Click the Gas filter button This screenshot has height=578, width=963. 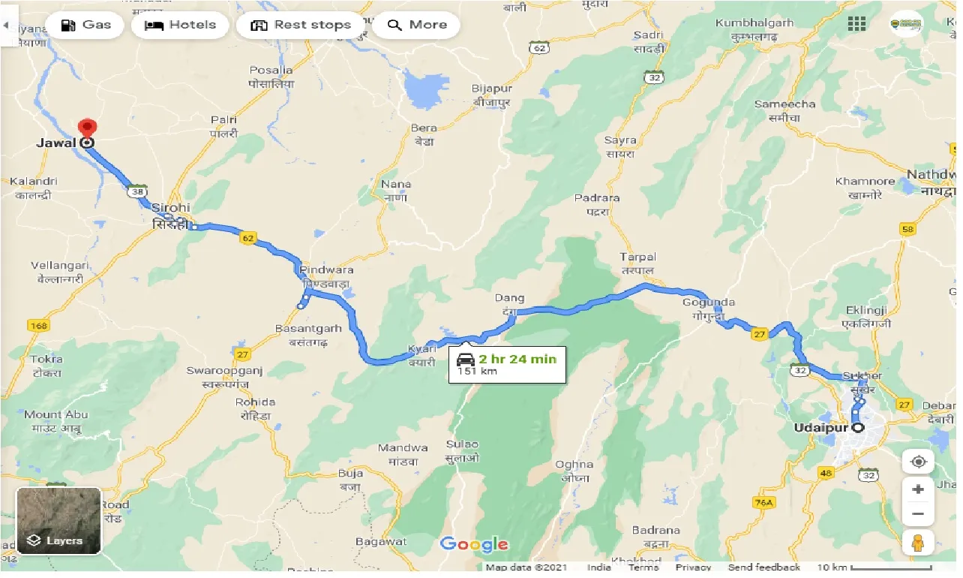[x=85, y=25]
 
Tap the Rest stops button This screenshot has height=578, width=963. [x=301, y=25]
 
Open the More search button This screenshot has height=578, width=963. [x=416, y=25]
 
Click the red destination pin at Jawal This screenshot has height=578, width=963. [x=88, y=128]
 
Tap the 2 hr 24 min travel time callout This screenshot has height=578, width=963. [x=507, y=364]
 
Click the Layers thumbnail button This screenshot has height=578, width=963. [x=58, y=521]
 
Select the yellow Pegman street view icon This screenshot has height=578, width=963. [x=917, y=541]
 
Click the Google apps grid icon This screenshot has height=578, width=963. [x=856, y=23]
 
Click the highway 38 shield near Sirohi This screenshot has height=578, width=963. [x=136, y=192]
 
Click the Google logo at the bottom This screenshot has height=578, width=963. [x=474, y=544]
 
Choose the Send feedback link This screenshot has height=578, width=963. [x=763, y=567]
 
